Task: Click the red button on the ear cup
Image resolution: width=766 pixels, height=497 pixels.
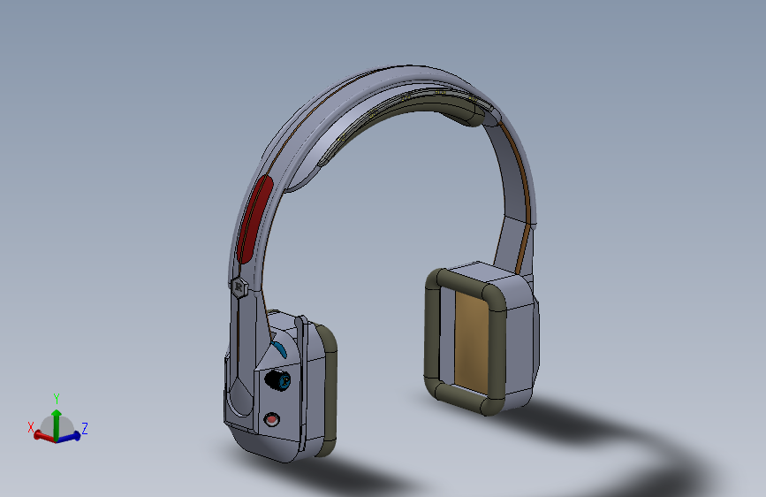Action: click(x=271, y=419)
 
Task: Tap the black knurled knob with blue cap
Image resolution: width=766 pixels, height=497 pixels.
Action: click(x=277, y=380)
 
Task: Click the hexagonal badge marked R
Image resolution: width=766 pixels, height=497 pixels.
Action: click(x=239, y=287)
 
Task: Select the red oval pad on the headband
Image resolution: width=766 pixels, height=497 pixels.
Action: click(x=255, y=219)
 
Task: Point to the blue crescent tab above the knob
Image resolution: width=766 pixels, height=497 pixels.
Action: click(x=280, y=350)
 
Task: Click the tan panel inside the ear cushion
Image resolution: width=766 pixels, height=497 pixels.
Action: click(x=471, y=340)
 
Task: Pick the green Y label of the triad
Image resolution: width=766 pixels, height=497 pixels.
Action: click(x=57, y=399)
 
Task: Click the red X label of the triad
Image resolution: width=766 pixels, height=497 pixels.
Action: click(x=31, y=427)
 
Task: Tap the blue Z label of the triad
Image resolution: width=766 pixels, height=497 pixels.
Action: click(x=85, y=429)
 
